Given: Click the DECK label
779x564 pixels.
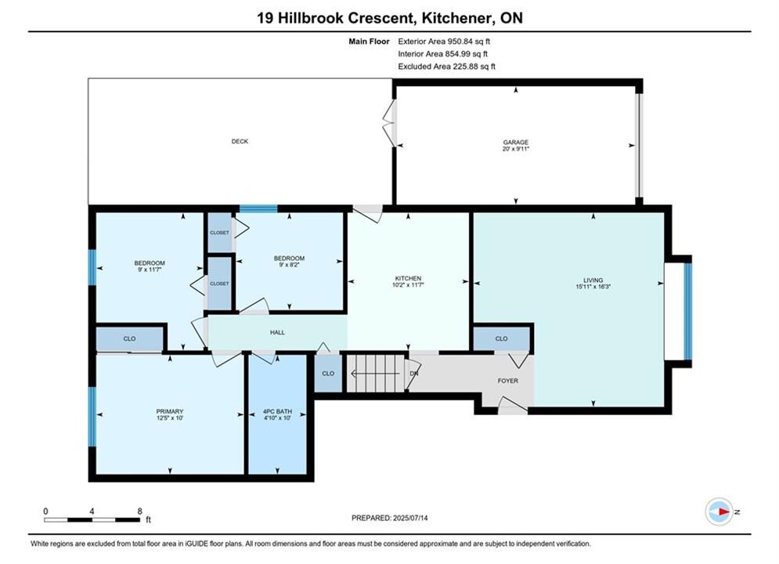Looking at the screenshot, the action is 240,142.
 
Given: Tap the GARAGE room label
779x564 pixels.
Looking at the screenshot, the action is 516,142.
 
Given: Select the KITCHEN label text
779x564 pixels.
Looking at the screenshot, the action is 408,278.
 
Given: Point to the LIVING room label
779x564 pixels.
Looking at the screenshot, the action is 593,280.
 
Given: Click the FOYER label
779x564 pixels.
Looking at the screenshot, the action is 508,381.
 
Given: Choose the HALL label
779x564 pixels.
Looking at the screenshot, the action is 277,332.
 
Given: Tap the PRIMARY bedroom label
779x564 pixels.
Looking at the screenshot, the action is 170,411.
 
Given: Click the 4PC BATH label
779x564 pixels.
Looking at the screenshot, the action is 277,411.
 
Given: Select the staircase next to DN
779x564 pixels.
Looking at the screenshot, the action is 377,373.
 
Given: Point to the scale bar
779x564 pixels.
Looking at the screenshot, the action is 92,520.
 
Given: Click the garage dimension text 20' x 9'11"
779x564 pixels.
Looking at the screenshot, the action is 516,149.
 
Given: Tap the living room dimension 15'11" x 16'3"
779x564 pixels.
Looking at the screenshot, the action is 593,287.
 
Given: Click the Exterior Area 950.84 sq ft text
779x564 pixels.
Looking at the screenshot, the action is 444,42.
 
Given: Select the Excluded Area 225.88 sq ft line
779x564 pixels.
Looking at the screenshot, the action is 446,67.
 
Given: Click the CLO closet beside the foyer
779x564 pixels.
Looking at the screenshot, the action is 501,338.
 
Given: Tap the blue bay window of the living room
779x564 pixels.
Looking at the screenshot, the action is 687,311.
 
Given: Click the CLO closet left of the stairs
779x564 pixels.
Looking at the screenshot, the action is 328,373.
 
